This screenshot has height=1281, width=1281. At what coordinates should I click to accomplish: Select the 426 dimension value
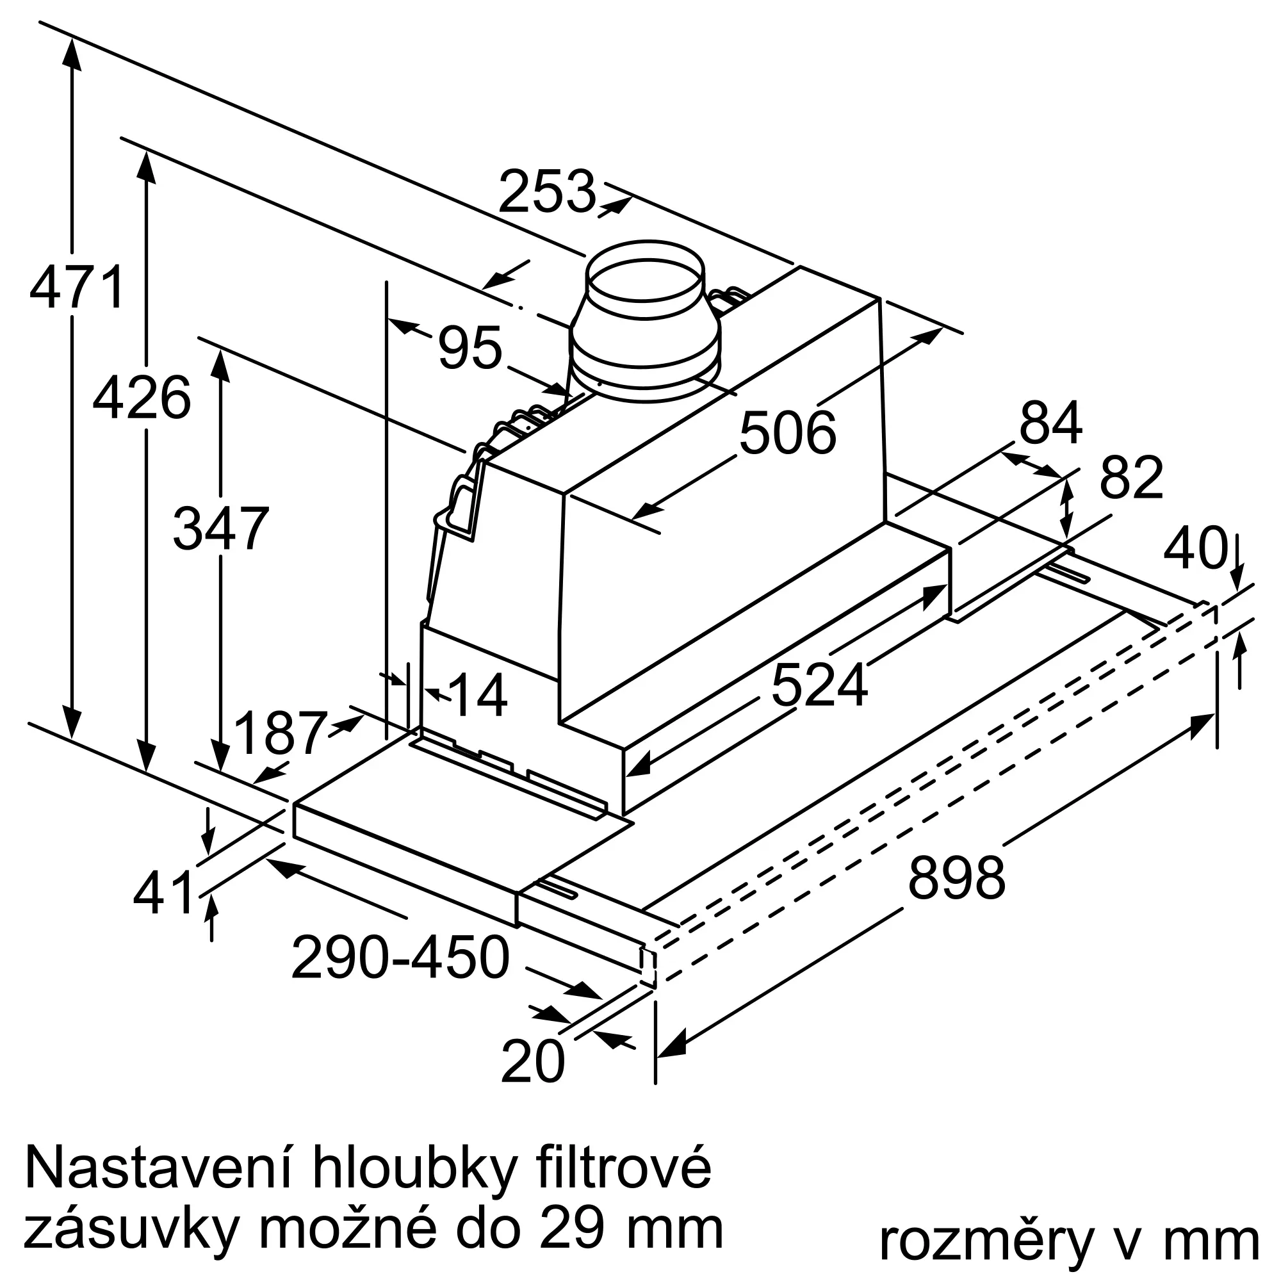coord(142,398)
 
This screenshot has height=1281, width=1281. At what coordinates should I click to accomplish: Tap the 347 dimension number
coord(221,528)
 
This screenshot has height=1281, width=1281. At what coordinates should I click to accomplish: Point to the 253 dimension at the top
coord(547,192)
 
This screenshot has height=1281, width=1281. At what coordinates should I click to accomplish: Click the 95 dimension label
coord(469,347)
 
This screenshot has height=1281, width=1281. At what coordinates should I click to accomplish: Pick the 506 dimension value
coord(788,434)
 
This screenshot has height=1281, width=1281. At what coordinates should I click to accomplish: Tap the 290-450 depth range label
coord(400,958)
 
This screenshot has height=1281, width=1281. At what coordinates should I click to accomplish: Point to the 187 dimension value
coord(281,733)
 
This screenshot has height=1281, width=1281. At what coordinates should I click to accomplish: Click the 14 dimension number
coord(478,696)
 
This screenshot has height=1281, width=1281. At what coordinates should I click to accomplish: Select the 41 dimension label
coord(163,892)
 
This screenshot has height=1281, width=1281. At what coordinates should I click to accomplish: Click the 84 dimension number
coord(1051,422)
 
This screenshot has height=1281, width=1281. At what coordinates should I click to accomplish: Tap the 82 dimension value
coord(1131,477)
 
